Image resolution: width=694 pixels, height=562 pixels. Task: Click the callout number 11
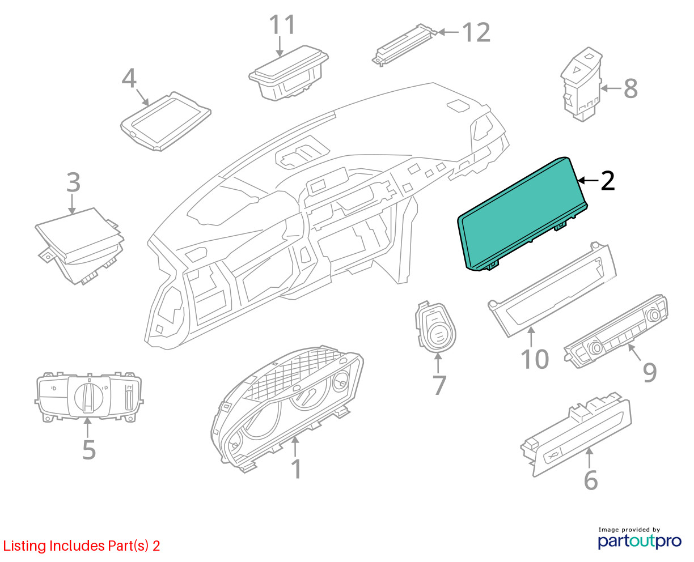tap(282, 24)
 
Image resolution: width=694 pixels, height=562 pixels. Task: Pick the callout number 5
tap(89, 450)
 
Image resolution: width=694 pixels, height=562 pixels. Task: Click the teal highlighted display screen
tap(523, 214)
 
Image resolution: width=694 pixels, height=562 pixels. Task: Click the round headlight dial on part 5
tap(88, 397)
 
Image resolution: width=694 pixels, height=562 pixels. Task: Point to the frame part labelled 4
tap(166, 121)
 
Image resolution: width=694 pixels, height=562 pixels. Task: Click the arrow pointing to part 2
tap(589, 180)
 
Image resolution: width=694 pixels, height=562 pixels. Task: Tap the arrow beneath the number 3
tap(72, 204)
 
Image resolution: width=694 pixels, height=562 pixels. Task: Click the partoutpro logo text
tap(639, 542)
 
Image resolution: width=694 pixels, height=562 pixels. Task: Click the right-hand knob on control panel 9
tap(653, 314)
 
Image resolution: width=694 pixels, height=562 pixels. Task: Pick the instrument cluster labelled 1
tap(287, 409)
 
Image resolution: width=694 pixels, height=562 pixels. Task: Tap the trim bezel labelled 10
tap(552, 289)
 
